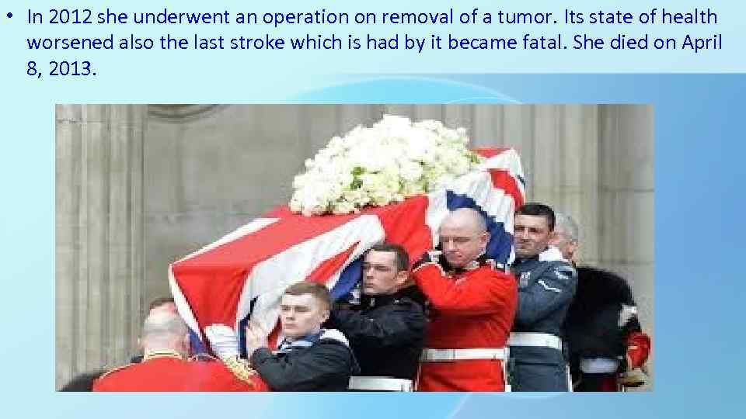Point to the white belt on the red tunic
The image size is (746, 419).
(x=462, y=353)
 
